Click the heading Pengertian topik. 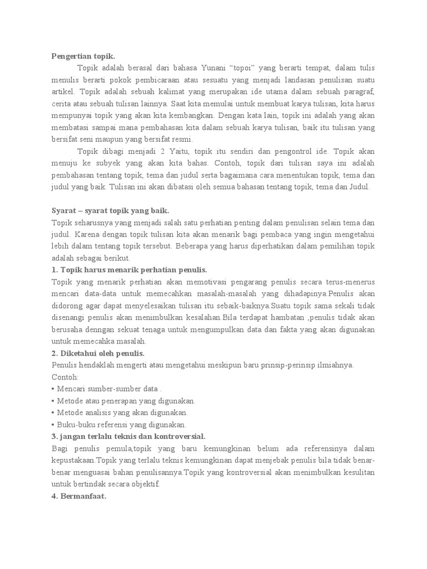click(83, 56)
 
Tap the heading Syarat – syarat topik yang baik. click(110, 211)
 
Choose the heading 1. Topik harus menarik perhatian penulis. click(129, 270)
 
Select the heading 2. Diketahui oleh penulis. click(98, 353)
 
